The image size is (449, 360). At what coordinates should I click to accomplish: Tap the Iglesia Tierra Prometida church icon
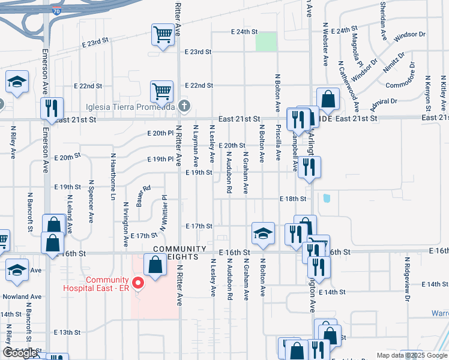pos(184,107)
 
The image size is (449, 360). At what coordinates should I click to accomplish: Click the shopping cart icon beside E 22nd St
pos(161,91)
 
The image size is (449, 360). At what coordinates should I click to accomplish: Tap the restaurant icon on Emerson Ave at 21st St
pos(52,108)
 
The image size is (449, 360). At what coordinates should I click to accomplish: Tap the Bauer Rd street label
pos(143,195)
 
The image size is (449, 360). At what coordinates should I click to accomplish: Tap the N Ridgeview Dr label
pos(407,279)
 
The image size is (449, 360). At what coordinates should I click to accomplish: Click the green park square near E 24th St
pos(266,42)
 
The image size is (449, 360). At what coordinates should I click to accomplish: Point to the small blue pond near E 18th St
pos(327,199)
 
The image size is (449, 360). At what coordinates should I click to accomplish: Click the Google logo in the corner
pos(20,353)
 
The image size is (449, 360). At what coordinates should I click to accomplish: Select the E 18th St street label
pos(293,199)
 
